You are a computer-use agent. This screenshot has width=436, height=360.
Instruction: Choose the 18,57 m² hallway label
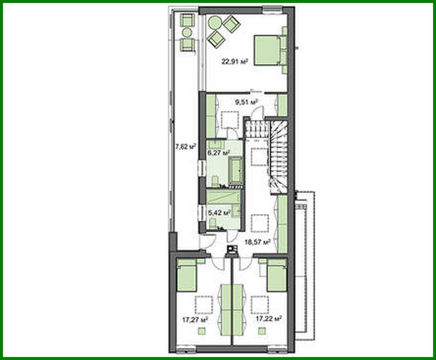click(x=257, y=242)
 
